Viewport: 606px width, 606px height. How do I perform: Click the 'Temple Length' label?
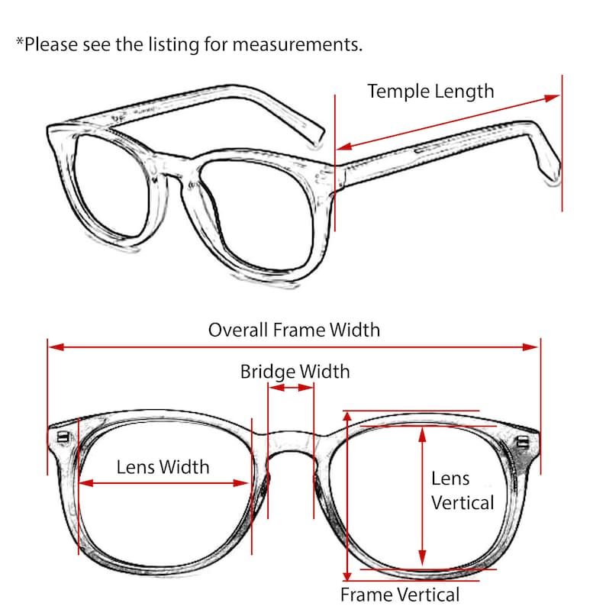tap(430, 92)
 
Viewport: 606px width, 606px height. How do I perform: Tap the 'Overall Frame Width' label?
tap(294, 330)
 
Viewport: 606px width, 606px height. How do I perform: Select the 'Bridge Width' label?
tap(295, 372)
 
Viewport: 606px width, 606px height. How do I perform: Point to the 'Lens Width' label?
tap(163, 467)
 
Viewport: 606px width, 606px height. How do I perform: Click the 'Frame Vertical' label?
tap(400, 595)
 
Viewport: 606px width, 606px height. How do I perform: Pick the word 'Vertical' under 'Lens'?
tap(463, 503)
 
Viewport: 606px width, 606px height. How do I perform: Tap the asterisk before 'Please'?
tap(20, 41)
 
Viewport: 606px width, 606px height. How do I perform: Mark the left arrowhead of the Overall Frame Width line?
tap(56, 347)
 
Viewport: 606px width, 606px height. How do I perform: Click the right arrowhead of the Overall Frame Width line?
tap(530, 347)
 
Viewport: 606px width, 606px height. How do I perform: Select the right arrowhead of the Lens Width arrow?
tap(240, 483)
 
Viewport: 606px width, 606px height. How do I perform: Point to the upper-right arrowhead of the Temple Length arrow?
tap(552, 98)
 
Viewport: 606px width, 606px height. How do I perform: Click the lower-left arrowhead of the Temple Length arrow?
tap(345, 147)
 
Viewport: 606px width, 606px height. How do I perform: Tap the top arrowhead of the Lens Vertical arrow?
tap(422, 435)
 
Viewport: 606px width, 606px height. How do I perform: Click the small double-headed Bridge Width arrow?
tap(291, 387)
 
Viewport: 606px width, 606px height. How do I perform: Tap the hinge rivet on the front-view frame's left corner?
tap(63, 437)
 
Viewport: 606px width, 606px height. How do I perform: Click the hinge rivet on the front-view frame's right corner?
tap(523, 441)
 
